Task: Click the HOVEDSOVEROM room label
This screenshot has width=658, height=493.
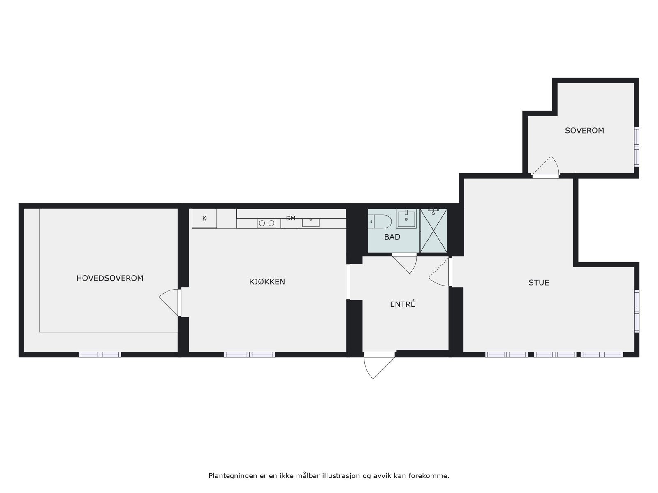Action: [110, 278]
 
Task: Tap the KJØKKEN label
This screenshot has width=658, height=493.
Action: [267, 282]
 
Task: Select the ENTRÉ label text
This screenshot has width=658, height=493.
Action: [403, 304]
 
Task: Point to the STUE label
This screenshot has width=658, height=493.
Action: [539, 283]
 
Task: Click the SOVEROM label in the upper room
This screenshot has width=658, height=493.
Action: [584, 131]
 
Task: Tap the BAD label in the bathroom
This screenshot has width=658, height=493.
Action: [392, 237]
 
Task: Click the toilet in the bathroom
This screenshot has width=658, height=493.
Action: [380, 221]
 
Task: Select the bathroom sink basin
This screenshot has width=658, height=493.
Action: [406, 218]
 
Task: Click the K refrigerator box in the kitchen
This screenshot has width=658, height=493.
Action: [204, 219]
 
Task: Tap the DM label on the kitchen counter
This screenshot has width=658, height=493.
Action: [291, 218]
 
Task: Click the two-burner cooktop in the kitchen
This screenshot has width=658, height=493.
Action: [266, 223]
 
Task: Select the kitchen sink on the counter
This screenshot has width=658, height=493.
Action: [310, 222]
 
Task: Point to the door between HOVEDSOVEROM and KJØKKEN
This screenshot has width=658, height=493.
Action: [171, 302]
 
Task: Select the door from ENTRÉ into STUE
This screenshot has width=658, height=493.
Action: [441, 271]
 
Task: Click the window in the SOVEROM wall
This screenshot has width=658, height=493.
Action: [637, 147]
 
